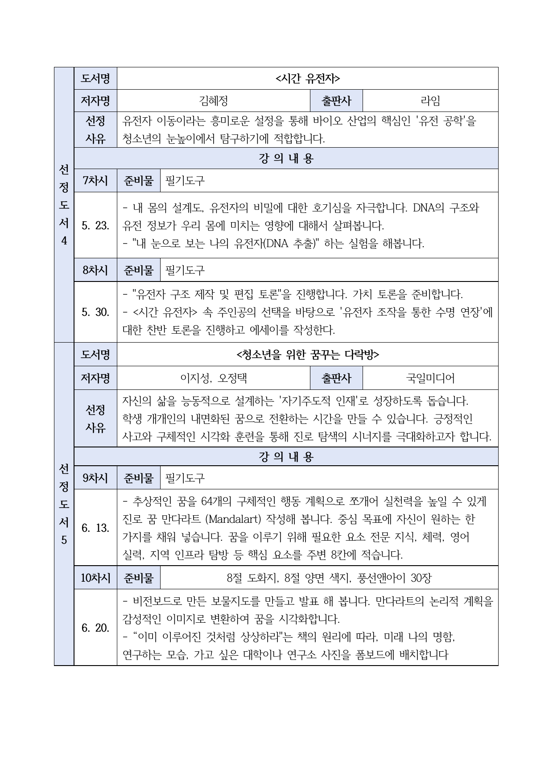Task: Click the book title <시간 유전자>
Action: pyautogui.click(x=307, y=79)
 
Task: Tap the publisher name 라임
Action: pyautogui.click(x=430, y=101)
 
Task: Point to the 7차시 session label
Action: pyautogui.click(x=95, y=181)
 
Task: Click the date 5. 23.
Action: pyautogui.click(x=95, y=226)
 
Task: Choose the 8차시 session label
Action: pyautogui.click(x=95, y=270)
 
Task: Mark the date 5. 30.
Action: pyautogui.click(x=95, y=312)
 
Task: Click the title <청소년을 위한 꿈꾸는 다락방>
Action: pyautogui.click(x=307, y=355)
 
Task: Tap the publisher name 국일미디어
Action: pyautogui.click(x=430, y=378)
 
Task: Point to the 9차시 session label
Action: pyautogui.click(x=95, y=478)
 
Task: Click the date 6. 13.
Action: pyautogui.click(x=95, y=528)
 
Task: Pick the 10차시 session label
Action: pyautogui.click(x=95, y=578)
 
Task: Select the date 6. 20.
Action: pyautogui.click(x=95, y=628)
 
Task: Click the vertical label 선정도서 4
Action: pyautogui.click(x=64, y=205)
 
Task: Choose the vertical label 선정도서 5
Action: pyautogui.click(x=64, y=504)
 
